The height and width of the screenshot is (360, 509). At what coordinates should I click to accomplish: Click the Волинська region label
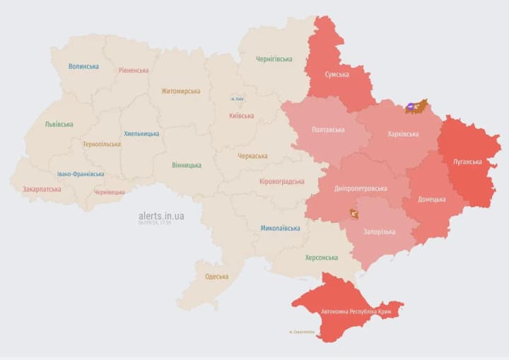[x=83, y=66]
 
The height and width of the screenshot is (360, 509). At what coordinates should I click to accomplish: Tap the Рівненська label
[x=134, y=70]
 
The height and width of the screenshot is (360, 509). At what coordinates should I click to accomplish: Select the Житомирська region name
[x=180, y=91]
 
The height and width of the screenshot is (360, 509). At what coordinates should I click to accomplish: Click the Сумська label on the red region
[x=337, y=74]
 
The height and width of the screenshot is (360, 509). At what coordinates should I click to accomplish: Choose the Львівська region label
[x=59, y=124]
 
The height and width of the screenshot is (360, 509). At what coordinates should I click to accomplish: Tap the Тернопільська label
[x=101, y=144]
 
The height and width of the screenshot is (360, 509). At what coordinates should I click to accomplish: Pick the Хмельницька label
[x=141, y=133]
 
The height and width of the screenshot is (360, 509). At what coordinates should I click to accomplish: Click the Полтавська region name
[x=328, y=130]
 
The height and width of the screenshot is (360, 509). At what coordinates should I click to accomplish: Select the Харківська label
[x=403, y=134]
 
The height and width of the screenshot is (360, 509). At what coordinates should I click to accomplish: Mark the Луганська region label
[x=467, y=161]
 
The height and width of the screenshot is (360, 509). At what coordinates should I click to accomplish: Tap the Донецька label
[x=431, y=199]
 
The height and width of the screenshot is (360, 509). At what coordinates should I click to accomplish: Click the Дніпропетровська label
[x=361, y=189]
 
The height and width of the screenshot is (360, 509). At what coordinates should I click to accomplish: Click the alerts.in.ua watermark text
[x=161, y=215]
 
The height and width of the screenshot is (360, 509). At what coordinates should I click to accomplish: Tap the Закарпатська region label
[x=42, y=190]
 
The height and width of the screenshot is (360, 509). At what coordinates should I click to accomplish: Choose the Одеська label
[x=216, y=277]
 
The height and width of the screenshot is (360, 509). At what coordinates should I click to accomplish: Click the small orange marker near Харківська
[x=416, y=107]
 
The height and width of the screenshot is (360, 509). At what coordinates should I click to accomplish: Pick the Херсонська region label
[x=321, y=257]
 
